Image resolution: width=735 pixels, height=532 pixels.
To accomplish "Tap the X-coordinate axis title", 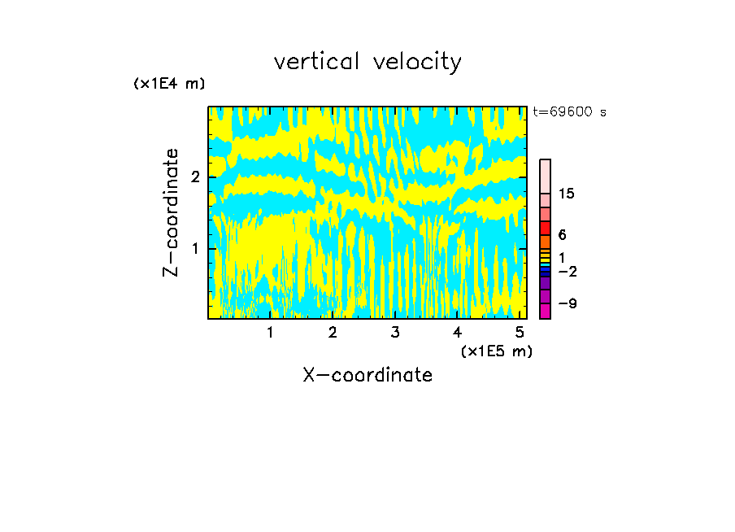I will [367, 375].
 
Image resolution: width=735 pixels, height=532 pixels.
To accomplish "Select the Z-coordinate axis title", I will [171, 211].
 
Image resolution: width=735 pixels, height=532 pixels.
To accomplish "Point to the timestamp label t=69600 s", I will [569, 112].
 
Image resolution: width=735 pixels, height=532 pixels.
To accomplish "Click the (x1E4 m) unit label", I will [169, 84].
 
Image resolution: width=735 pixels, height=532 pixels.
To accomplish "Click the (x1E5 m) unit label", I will [496, 351].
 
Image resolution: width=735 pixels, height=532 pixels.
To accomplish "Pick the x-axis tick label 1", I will [270, 332].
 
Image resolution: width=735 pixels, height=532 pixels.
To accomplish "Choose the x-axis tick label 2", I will [333, 332].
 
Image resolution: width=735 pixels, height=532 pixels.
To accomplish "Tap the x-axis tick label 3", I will [394, 332].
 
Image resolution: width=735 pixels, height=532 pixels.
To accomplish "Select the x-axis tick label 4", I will [457, 332].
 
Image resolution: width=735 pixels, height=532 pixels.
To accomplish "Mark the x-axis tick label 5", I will [519, 332].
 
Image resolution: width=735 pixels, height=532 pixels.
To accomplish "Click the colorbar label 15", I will [567, 194].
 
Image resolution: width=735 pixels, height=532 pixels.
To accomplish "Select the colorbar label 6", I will [562, 234].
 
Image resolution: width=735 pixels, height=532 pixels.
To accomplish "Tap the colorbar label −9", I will [567, 303].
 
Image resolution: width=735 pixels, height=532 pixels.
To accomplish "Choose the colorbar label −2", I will [567, 270].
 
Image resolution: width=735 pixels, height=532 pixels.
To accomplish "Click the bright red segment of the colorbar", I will [545, 228].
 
